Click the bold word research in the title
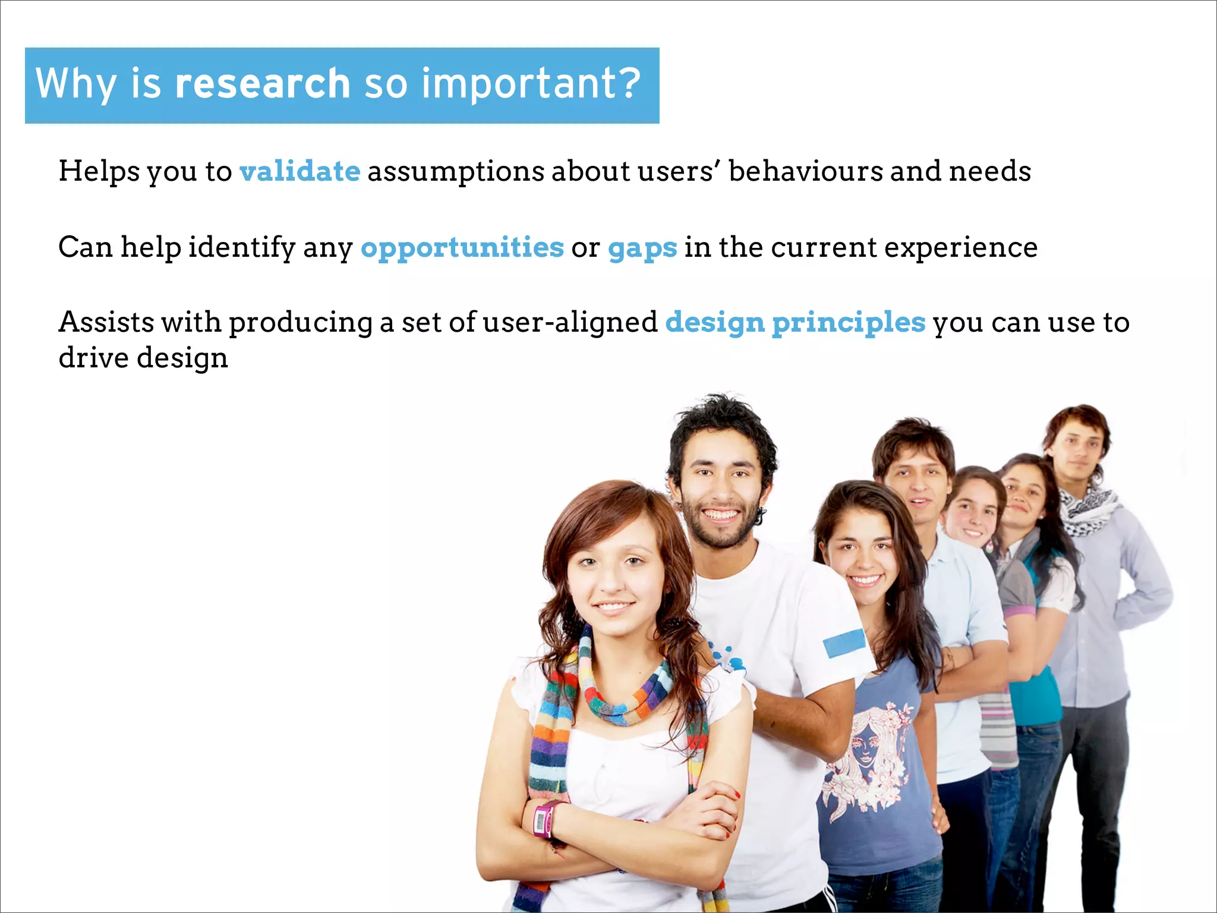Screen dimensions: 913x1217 click(262, 83)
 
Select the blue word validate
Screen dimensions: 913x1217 click(299, 171)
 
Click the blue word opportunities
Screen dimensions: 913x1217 click(462, 247)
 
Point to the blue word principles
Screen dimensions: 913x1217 click(848, 323)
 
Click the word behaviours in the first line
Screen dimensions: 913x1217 click(805, 171)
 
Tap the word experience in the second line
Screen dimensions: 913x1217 click(960, 248)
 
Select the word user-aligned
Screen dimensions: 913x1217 click(570, 323)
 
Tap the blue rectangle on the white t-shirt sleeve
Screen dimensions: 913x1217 click(844, 643)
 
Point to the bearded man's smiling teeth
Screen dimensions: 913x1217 click(720, 514)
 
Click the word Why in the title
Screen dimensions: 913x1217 click(75, 83)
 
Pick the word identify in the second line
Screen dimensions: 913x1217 click(241, 248)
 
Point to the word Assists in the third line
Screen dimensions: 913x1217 click(107, 323)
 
